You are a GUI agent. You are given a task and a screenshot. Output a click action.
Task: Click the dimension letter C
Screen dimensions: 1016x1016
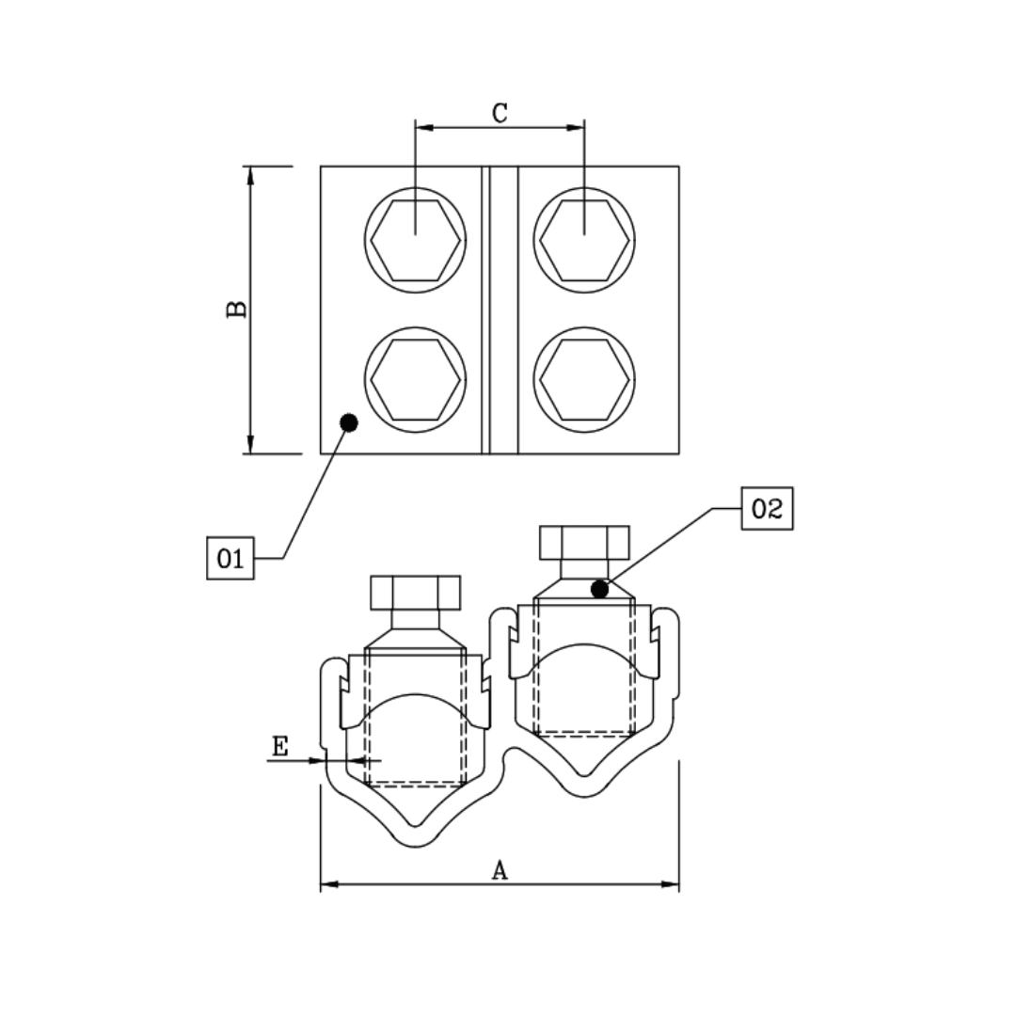(x=500, y=113)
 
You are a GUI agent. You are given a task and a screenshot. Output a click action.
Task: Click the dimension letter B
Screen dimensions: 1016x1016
(x=237, y=309)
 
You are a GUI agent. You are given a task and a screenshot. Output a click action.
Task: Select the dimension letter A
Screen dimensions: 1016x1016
(x=500, y=871)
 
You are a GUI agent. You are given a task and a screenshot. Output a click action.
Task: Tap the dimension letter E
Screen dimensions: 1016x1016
(x=280, y=747)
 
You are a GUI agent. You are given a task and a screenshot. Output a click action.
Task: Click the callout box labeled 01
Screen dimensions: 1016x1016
(x=230, y=558)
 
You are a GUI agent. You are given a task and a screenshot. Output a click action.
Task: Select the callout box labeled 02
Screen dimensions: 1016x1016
(x=767, y=509)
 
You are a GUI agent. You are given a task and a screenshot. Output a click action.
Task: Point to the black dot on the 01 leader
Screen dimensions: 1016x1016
(x=349, y=423)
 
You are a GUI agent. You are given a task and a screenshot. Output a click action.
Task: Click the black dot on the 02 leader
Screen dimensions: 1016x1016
(x=599, y=590)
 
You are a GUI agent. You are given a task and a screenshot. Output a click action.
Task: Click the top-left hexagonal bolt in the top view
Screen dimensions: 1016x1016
(x=415, y=241)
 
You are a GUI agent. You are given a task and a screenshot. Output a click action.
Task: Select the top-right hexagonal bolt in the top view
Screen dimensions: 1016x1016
(x=584, y=241)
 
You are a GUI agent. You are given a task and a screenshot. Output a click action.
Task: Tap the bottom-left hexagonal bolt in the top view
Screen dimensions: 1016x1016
(x=415, y=380)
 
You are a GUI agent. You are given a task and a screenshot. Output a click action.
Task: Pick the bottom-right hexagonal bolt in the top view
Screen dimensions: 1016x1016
(x=584, y=380)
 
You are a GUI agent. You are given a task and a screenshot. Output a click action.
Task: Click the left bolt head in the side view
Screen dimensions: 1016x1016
(x=416, y=593)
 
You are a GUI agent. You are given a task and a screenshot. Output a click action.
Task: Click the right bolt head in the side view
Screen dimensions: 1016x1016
(x=584, y=543)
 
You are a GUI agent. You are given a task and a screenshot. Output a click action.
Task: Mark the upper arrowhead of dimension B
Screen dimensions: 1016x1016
(x=250, y=175)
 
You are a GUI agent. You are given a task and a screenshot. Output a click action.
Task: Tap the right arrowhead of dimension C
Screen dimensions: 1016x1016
(x=576, y=127)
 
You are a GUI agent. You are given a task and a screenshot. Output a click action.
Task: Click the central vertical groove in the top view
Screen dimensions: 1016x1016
(x=500, y=310)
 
